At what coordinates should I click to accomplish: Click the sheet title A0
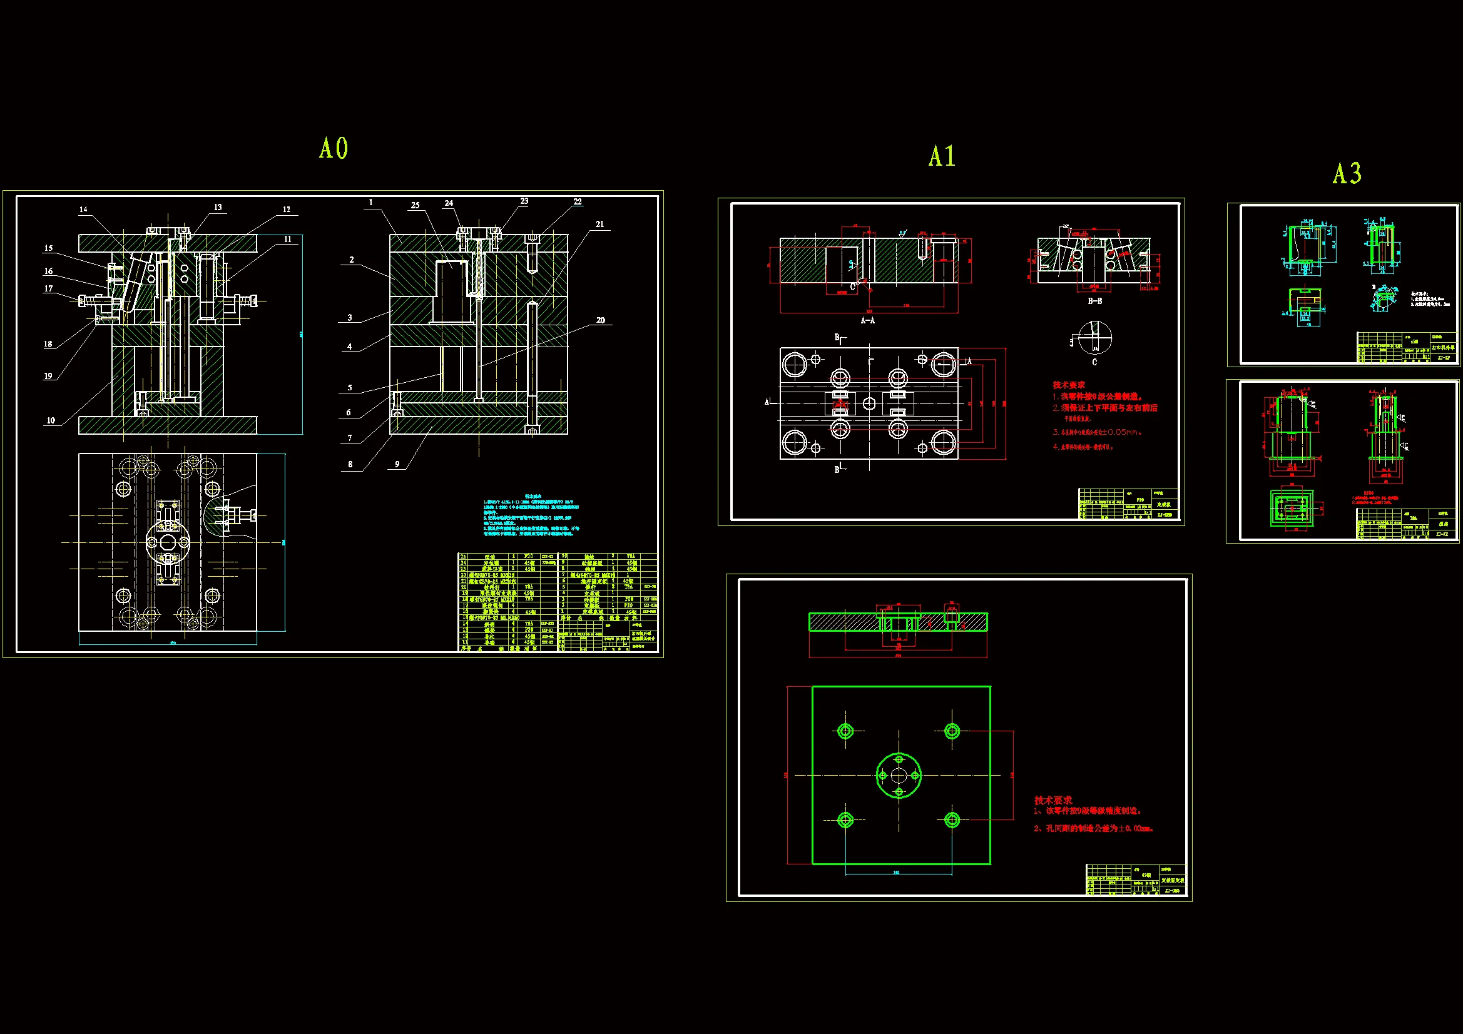[x=334, y=148]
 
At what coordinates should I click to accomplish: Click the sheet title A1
[x=942, y=156]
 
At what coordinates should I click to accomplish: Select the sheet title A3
[x=1347, y=173]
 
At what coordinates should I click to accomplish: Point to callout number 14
[x=83, y=210]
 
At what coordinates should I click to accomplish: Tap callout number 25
[x=415, y=205]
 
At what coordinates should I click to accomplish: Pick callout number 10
[x=51, y=420]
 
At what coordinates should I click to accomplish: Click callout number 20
[x=601, y=320]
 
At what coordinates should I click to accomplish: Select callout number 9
[x=397, y=464]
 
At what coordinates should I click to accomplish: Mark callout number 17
[x=48, y=288]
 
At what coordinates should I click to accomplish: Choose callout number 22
[x=578, y=202]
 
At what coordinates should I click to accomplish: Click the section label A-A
[x=867, y=320]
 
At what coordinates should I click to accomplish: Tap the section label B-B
[x=1094, y=301]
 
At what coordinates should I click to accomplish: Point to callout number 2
[x=352, y=260]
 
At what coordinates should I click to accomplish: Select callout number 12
[x=287, y=210]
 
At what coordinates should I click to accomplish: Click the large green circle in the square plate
[x=899, y=775]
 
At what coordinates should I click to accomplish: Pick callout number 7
[x=350, y=438]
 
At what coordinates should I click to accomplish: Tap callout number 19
[x=48, y=376]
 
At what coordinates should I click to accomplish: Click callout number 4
[x=350, y=347]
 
